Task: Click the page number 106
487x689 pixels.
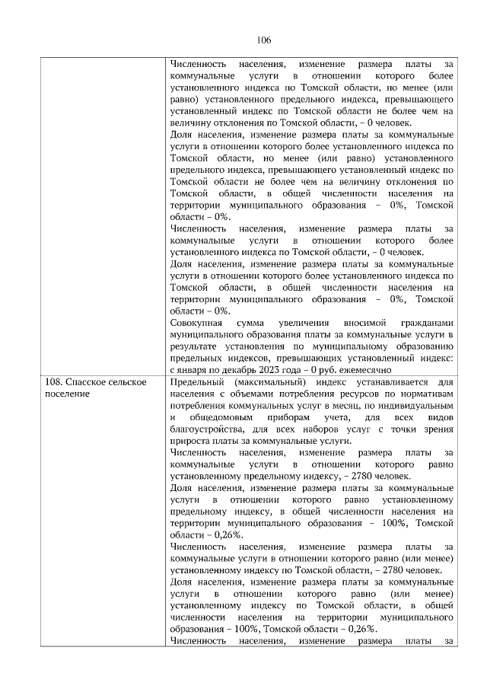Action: [x=243, y=40]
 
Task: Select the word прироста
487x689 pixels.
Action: [x=190, y=442]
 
